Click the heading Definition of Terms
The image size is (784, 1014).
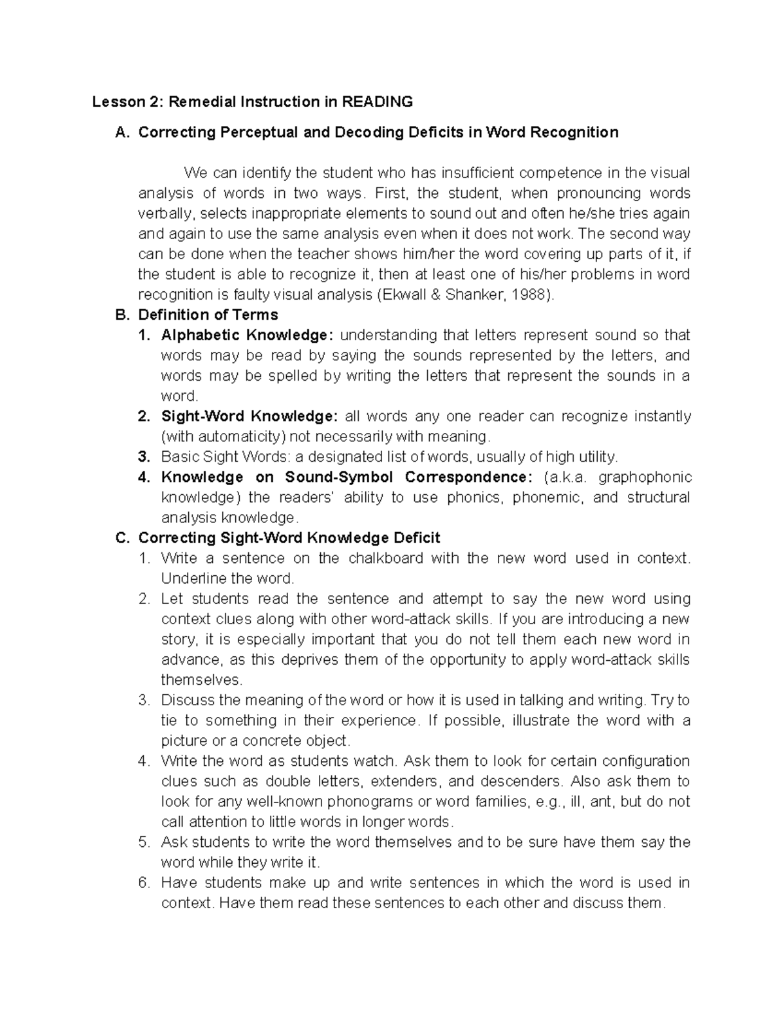tap(208, 315)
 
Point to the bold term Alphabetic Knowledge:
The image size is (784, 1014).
tap(248, 335)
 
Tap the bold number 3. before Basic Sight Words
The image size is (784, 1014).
tap(144, 456)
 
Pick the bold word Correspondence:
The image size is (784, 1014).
tap(468, 477)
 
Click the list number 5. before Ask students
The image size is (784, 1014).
tap(144, 842)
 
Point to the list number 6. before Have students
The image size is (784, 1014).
tap(144, 883)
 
